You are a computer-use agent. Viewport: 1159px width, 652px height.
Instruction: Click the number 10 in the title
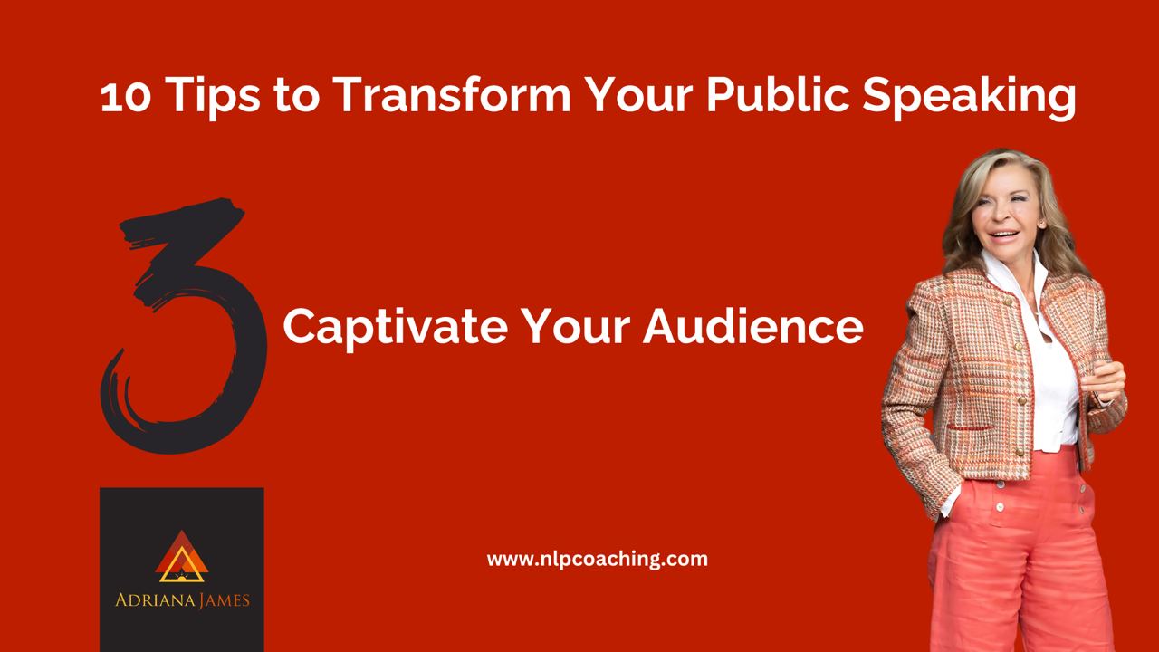click(126, 96)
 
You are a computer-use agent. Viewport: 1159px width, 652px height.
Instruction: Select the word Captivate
click(396, 327)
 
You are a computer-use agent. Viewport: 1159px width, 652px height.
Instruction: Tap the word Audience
click(752, 326)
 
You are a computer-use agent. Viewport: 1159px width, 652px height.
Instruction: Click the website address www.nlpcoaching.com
click(597, 560)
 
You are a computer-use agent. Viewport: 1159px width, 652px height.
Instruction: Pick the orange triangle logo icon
click(182, 557)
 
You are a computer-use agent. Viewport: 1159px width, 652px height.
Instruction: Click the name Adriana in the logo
click(155, 600)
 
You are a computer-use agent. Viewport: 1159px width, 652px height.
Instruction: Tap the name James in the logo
click(224, 600)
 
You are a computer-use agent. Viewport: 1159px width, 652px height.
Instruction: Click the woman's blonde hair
click(968, 217)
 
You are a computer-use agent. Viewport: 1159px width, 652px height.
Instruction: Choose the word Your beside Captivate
click(575, 326)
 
